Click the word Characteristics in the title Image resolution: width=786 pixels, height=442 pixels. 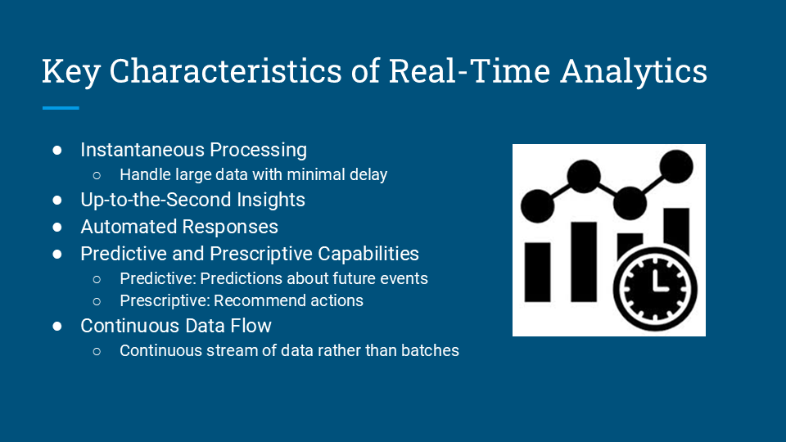pos(226,70)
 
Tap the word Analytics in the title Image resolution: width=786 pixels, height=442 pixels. pos(634,72)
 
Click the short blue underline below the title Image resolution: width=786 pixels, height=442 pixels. pos(61,108)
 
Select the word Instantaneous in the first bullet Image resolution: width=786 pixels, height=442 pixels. pos(142,150)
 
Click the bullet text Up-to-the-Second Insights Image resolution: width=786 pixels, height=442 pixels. pos(192,200)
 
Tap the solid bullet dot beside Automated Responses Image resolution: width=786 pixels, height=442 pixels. pos(57,227)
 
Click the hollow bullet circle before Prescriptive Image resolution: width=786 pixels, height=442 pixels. pos(97,301)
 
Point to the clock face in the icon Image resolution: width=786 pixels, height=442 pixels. pos(655,289)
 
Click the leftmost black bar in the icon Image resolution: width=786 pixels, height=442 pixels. pos(537,272)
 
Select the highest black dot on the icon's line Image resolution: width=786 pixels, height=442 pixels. pos(676,166)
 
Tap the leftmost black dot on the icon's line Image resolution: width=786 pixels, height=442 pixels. pos(537,206)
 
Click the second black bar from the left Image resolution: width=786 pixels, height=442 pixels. pos(584,262)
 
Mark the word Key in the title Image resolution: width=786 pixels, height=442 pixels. pos(71,72)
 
